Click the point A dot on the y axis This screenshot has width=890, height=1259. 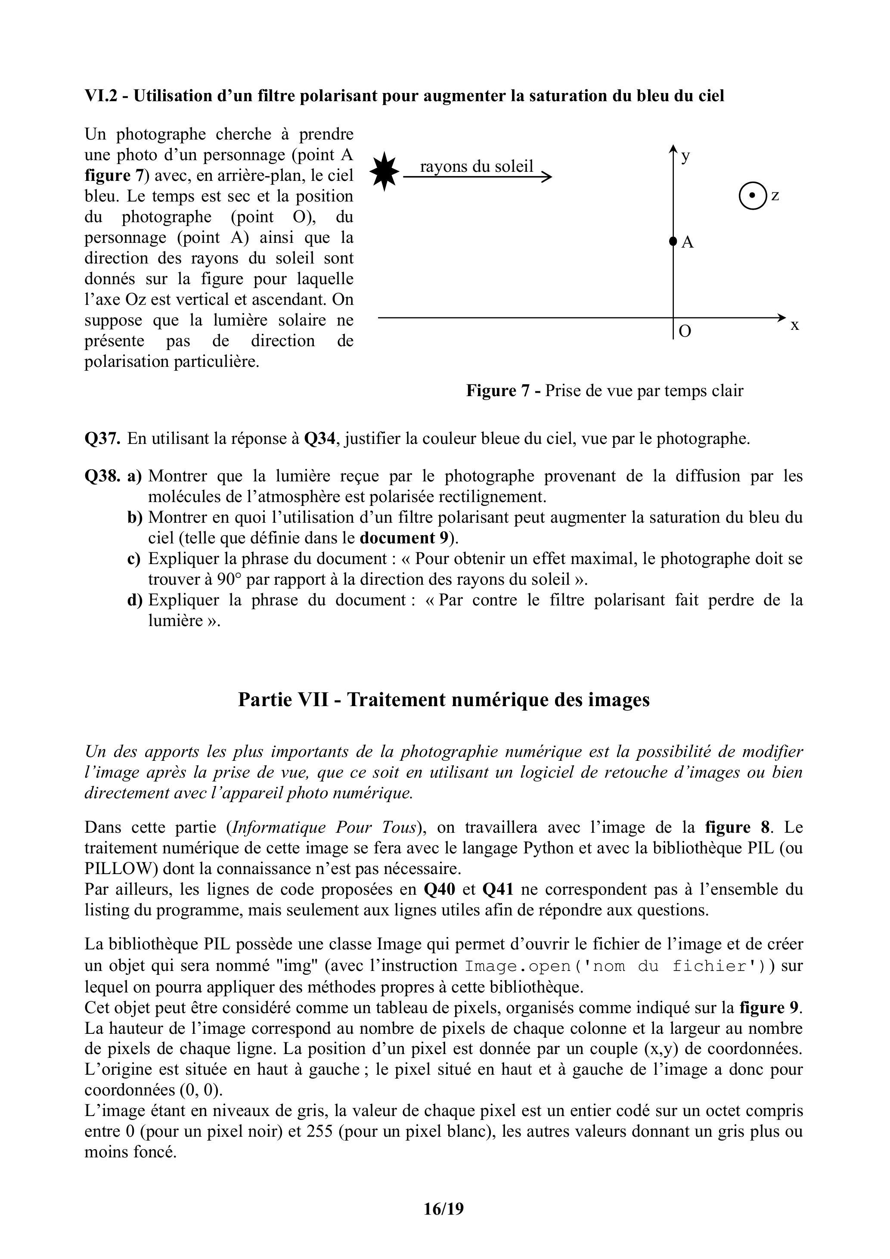pyautogui.click(x=673, y=241)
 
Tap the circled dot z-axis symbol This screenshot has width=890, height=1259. pyautogui.click(x=752, y=196)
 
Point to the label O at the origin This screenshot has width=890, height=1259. pyautogui.click(x=685, y=331)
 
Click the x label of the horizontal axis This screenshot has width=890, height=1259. pyautogui.click(x=794, y=325)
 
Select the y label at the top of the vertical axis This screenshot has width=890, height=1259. pyautogui.click(x=685, y=156)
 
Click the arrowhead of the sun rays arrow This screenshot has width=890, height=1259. pyautogui.click(x=547, y=177)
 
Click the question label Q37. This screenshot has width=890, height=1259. pyautogui.click(x=102, y=439)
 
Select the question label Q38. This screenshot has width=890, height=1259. pyautogui.click(x=102, y=476)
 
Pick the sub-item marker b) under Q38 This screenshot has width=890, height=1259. pyautogui.click(x=135, y=517)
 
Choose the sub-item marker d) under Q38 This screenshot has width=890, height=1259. pyautogui.click(x=135, y=600)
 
